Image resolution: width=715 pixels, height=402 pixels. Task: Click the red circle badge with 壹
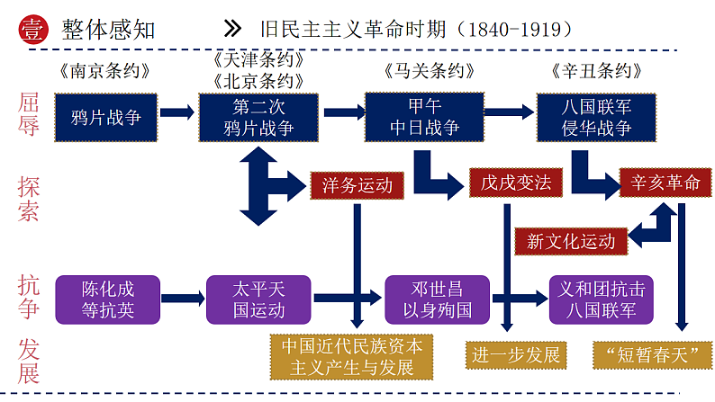pyautogui.click(x=32, y=29)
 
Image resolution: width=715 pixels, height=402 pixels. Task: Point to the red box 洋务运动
pyautogui.click(x=357, y=186)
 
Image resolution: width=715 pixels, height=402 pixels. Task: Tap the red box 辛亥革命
pyautogui.click(x=665, y=183)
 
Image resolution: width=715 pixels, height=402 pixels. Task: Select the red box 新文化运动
pyautogui.click(x=571, y=240)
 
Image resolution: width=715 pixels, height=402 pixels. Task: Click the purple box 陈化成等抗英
pyautogui.click(x=107, y=299)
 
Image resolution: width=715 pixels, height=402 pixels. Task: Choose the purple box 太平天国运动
pyautogui.click(x=258, y=299)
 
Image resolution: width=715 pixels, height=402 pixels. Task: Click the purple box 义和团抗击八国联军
pyautogui.click(x=602, y=299)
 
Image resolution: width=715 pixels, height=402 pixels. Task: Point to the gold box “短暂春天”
pyautogui.click(x=647, y=354)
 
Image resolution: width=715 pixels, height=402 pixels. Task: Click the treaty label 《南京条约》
pyautogui.click(x=105, y=71)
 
